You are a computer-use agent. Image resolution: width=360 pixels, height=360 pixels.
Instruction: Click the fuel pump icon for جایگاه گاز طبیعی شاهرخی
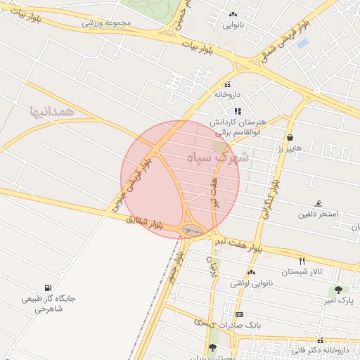click(47, 287)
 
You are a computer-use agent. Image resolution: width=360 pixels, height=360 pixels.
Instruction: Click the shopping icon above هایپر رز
click(290, 137)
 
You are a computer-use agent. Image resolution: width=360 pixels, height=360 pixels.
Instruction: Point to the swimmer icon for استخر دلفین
click(320, 202)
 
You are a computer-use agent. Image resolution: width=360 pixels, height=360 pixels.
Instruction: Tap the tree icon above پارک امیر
click(339, 290)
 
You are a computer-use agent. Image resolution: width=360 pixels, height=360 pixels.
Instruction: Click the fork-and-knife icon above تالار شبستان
click(302, 261)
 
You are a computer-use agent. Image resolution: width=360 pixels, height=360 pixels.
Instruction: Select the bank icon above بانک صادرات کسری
click(240, 314)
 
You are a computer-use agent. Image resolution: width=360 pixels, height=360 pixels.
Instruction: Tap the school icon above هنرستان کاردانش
click(238, 110)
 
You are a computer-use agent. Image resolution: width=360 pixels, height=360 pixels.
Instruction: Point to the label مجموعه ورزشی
click(107, 22)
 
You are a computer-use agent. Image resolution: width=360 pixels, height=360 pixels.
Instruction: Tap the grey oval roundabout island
click(191, 229)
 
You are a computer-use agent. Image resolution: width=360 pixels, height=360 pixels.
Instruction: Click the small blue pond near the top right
click(303, 43)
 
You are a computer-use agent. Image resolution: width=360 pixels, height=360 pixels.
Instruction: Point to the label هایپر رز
click(289, 148)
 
